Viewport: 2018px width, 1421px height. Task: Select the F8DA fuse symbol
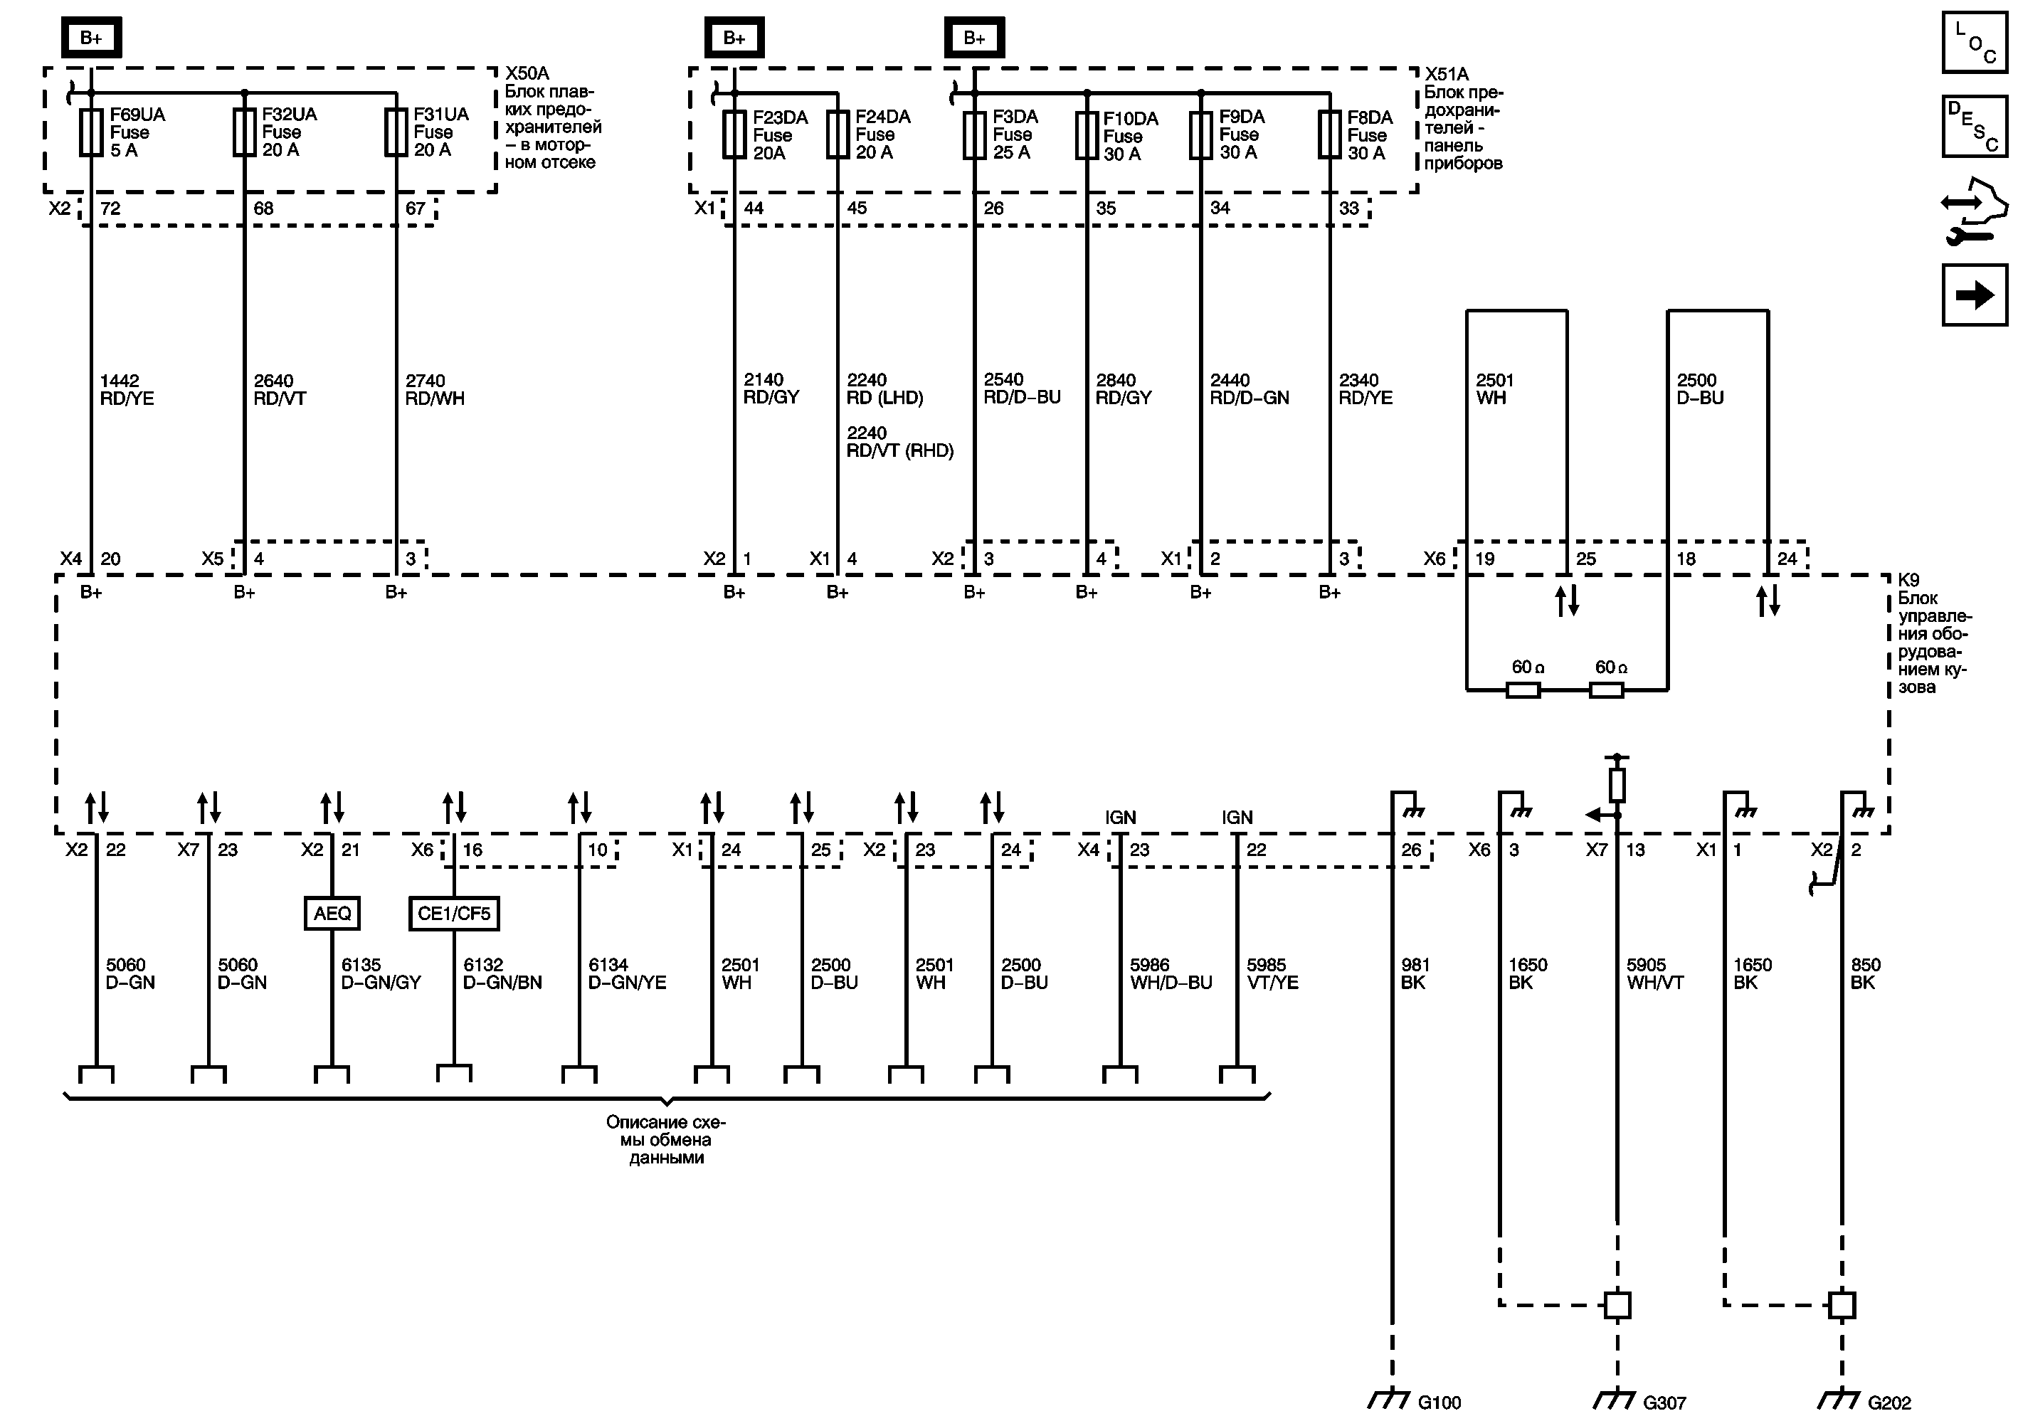[x=1329, y=135]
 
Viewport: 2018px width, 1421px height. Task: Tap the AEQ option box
[x=332, y=913]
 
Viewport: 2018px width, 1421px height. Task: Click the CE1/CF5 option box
[x=453, y=913]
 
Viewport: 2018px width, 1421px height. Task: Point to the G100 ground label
[x=1439, y=1402]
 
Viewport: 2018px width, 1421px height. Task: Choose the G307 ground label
[x=1664, y=1402]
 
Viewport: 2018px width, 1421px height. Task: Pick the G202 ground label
[x=1888, y=1402]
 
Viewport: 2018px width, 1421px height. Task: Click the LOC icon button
[x=1974, y=42]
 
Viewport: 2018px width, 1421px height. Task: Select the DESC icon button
[x=1974, y=127]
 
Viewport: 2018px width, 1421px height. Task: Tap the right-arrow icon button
[x=1974, y=295]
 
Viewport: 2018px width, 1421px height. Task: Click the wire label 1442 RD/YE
[x=127, y=389]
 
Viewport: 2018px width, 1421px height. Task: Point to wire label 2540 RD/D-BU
[x=1021, y=389]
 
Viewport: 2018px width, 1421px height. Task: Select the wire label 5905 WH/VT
[x=1654, y=973]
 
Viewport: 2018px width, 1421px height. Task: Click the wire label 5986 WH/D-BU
[x=1171, y=973]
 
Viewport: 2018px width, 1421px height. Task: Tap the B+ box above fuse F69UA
[x=91, y=38]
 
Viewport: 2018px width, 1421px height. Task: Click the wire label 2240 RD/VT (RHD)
[x=899, y=442]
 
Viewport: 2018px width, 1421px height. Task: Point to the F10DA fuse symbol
[x=1087, y=136]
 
